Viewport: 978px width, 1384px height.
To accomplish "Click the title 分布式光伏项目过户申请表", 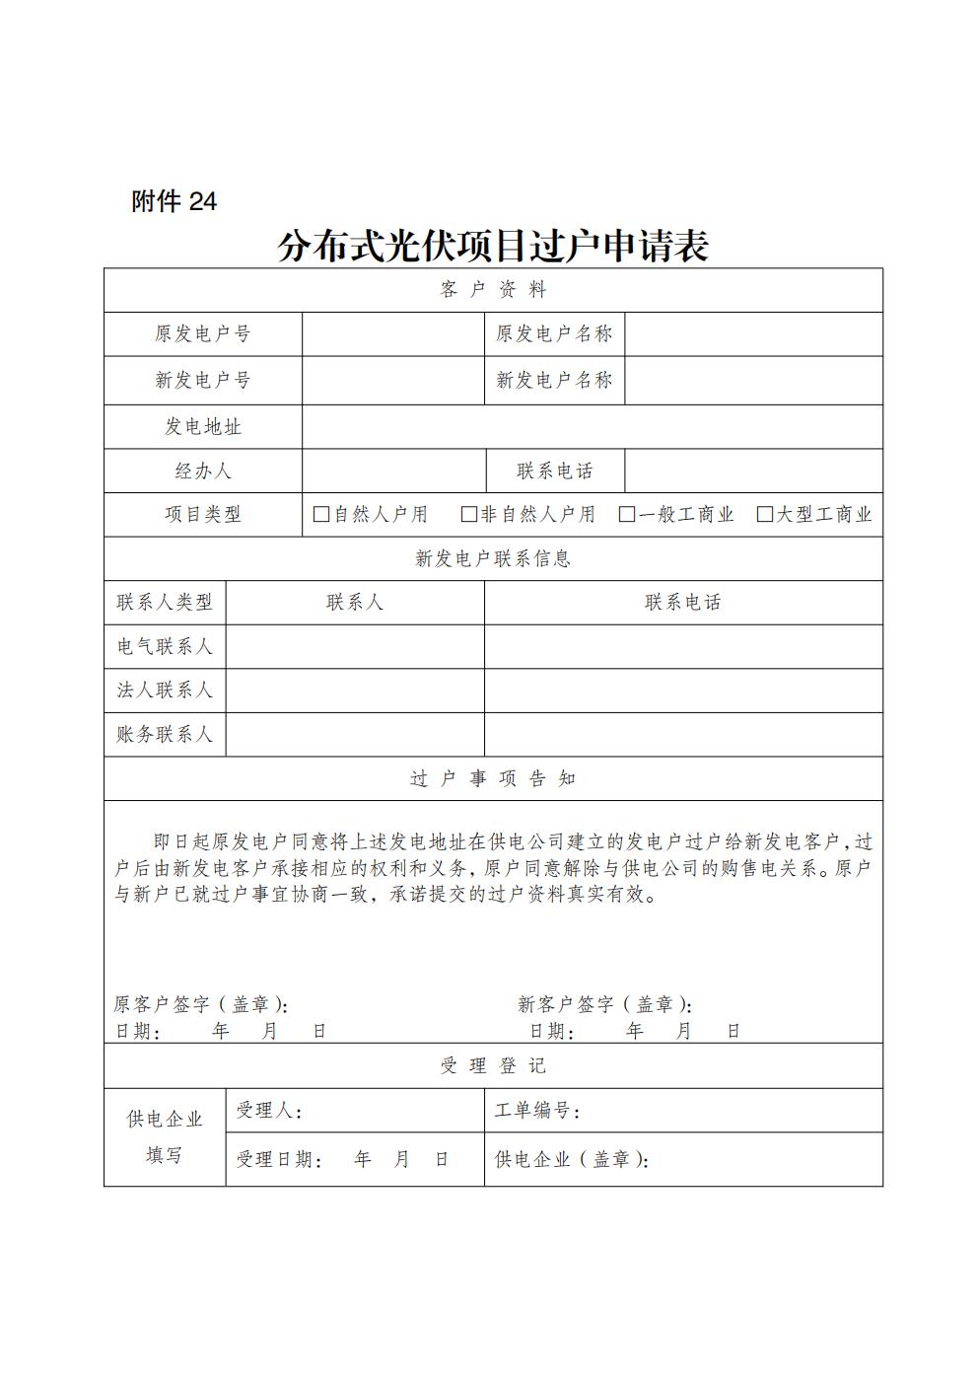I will click(492, 246).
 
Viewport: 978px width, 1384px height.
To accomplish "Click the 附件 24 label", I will click(174, 201).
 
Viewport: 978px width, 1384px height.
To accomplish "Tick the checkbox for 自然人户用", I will click(320, 514).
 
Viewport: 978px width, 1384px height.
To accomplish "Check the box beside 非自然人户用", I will click(468, 514).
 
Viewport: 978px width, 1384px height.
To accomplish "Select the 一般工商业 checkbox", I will click(626, 514).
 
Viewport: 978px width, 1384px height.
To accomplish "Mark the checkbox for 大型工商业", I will click(764, 514).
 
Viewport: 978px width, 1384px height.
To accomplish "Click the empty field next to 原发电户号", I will click(392, 333).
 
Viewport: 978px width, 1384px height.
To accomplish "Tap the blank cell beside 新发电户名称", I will click(753, 380).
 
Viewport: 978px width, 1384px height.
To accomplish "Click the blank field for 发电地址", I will click(592, 426).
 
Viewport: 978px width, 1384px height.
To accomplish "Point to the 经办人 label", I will click(203, 471).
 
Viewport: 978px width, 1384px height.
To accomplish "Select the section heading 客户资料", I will click(493, 289).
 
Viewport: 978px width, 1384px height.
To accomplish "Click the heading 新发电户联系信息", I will click(493, 558).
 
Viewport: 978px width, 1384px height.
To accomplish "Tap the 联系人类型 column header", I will click(165, 602).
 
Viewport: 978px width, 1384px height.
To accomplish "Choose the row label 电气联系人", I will click(165, 646).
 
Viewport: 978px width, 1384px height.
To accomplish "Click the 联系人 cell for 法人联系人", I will click(355, 690).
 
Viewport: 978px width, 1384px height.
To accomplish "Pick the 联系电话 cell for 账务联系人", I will click(682, 734).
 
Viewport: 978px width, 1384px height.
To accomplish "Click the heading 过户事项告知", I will click(493, 778).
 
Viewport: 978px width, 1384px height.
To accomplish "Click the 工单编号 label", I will click(536, 1111).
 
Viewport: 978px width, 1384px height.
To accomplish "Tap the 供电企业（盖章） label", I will click(571, 1159).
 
